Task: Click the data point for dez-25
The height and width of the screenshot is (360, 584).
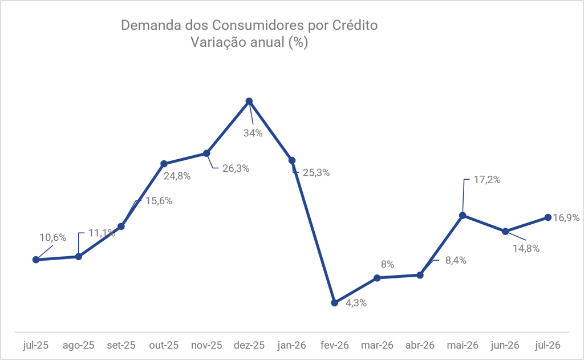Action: tap(249, 101)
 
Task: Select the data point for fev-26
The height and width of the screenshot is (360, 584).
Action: tap(334, 302)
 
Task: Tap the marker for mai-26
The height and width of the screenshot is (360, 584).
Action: tap(463, 216)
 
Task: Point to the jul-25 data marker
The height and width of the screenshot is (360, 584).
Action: tap(36, 260)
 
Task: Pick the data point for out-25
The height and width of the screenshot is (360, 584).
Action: tap(164, 164)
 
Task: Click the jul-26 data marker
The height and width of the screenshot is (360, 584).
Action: tap(548, 217)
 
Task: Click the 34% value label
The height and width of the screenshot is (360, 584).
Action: tap(253, 133)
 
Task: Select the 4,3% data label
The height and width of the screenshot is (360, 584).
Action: tap(356, 303)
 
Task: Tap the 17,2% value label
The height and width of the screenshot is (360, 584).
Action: tap(487, 180)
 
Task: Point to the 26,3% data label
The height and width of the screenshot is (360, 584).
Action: tap(236, 168)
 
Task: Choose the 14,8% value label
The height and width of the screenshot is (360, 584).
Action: tap(526, 249)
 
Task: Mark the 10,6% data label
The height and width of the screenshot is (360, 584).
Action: tap(53, 238)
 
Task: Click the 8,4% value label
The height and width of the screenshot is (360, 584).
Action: tap(456, 261)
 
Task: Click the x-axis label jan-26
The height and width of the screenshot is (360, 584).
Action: tap(291, 345)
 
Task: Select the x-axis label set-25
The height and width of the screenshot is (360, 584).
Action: tap(121, 345)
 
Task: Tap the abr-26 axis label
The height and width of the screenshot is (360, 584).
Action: tap(420, 345)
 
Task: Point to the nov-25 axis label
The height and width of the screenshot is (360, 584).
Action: tap(206, 345)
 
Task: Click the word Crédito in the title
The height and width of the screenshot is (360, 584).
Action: tap(355, 25)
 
